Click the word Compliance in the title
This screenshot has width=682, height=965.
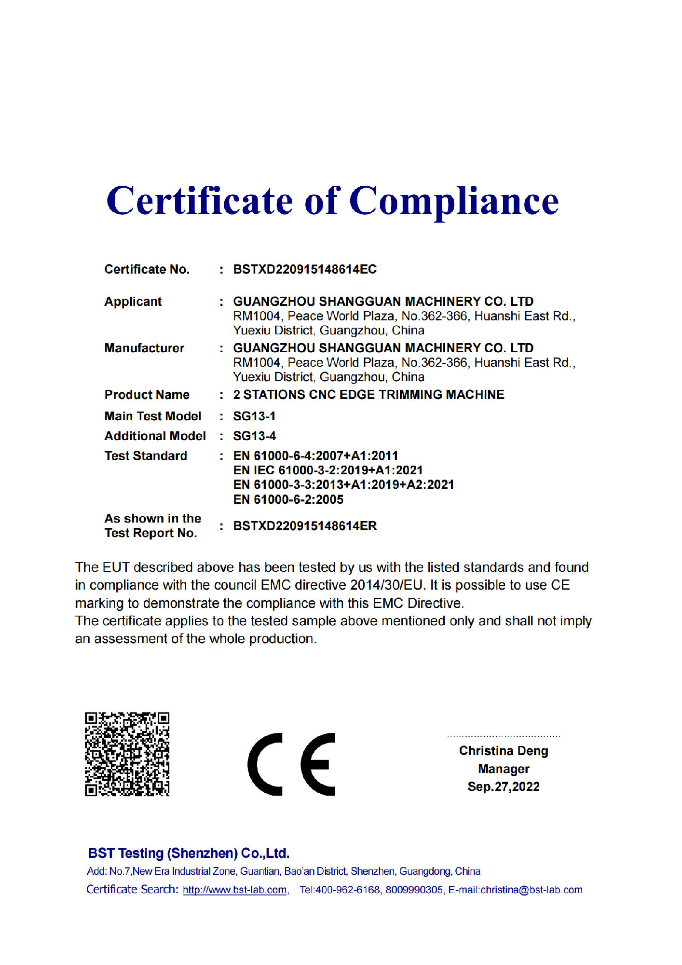pyautogui.click(x=453, y=202)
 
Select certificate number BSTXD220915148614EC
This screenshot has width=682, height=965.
pyautogui.click(x=305, y=269)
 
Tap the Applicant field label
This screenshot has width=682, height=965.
pyautogui.click(x=133, y=302)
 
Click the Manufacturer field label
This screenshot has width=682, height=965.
pyautogui.click(x=144, y=348)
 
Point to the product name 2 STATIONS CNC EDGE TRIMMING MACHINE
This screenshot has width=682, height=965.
pyautogui.click(x=368, y=395)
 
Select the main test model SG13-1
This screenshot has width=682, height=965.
pyautogui.click(x=254, y=416)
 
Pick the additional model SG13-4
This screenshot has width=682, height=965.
pyautogui.click(x=254, y=436)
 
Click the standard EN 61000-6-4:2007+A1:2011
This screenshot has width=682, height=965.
pyautogui.click(x=315, y=455)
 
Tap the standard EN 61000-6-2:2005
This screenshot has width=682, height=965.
pyautogui.click(x=288, y=499)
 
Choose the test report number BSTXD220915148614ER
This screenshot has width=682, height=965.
pyautogui.click(x=305, y=526)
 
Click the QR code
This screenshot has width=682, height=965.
pyautogui.click(x=127, y=754)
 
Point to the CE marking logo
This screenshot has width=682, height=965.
pyautogui.click(x=291, y=764)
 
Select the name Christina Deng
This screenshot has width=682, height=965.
pyautogui.click(x=504, y=751)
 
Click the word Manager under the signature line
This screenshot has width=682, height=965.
pyautogui.click(x=504, y=769)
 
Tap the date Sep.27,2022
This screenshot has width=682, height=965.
pyautogui.click(x=504, y=786)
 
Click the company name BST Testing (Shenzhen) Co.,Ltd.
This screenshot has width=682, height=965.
pyautogui.click(x=189, y=853)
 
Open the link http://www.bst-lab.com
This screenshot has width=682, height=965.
pyautogui.click(x=235, y=890)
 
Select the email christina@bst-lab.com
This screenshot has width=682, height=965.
pyautogui.click(x=532, y=890)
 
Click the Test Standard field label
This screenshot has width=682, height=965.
pyautogui.click(x=146, y=455)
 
